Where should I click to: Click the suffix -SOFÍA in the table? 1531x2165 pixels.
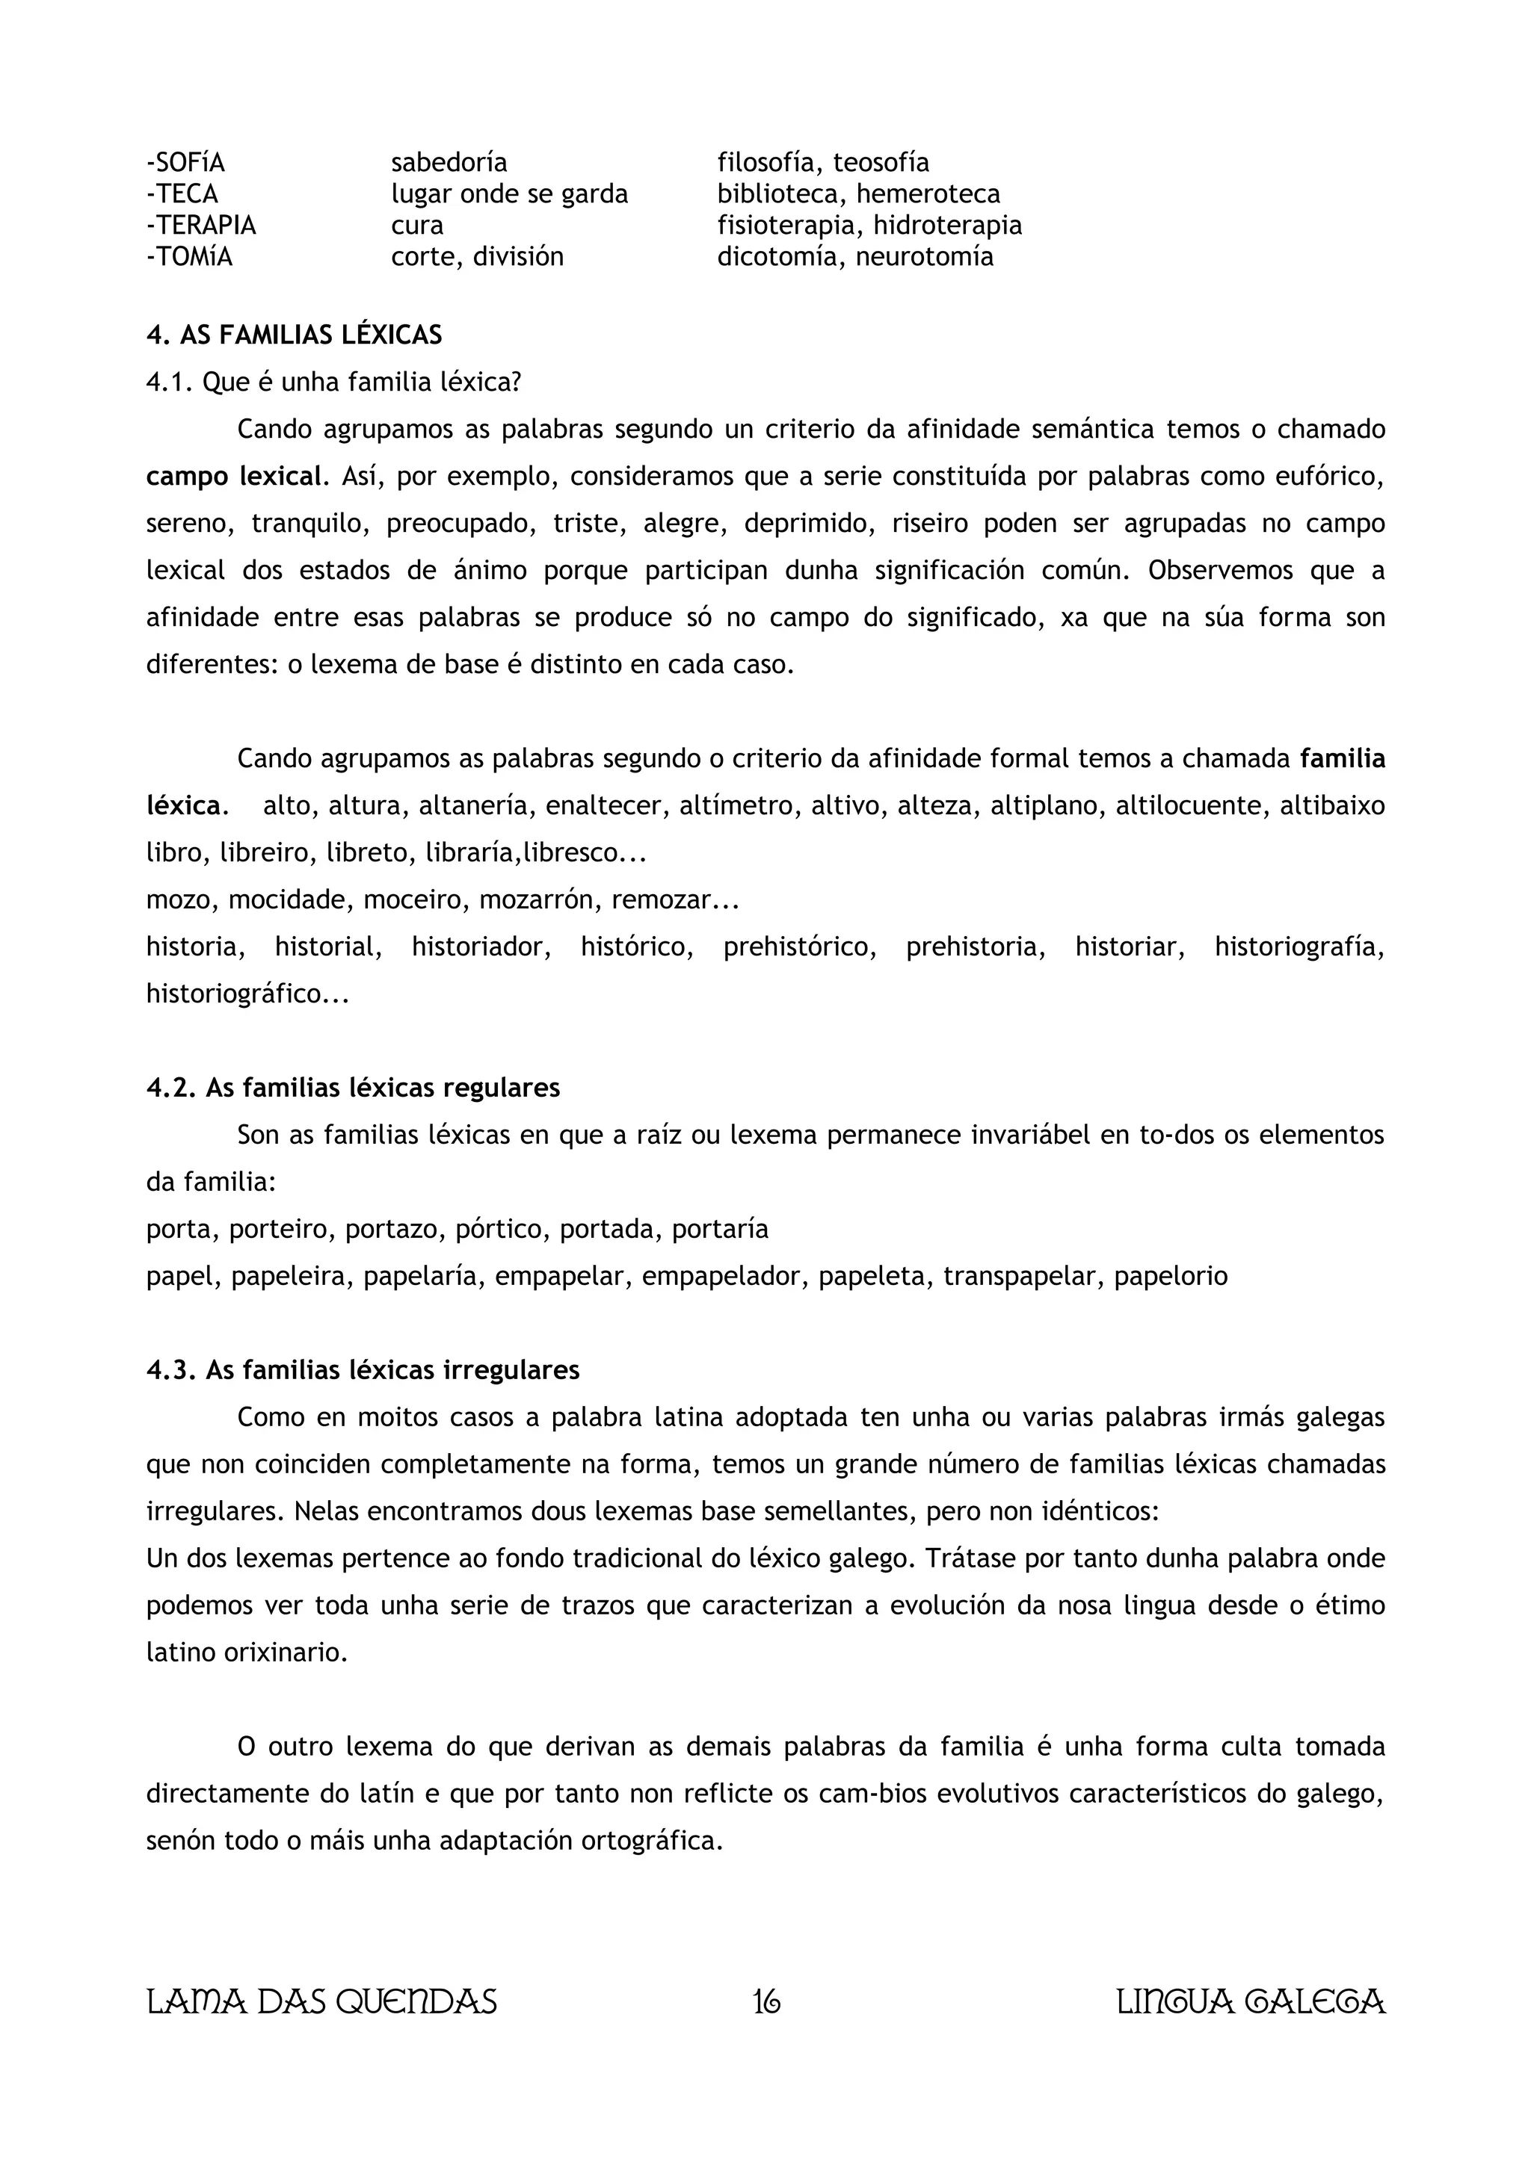pyautogui.click(x=186, y=163)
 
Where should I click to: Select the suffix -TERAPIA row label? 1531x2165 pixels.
pyautogui.click(x=201, y=226)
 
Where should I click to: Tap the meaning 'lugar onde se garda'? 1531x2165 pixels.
pyautogui.click(x=509, y=194)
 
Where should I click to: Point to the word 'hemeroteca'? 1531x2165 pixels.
pyautogui.click(x=928, y=194)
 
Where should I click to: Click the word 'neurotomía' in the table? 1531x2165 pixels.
pyautogui.click(x=925, y=256)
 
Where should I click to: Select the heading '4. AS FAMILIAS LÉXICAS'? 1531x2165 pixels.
pyautogui.click(x=295, y=335)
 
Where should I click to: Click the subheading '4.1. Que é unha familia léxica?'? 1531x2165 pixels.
pyautogui.click(x=334, y=382)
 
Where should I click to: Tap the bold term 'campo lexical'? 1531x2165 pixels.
pyautogui.click(x=234, y=476)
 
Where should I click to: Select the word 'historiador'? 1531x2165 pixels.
pyautogui.click(x=481, y=947)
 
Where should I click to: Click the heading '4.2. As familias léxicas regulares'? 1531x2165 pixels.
pyautogui.click(x=353, y=1088)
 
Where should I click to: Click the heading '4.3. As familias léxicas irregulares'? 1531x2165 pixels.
pyautogui.click(x=363, y=1370)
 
